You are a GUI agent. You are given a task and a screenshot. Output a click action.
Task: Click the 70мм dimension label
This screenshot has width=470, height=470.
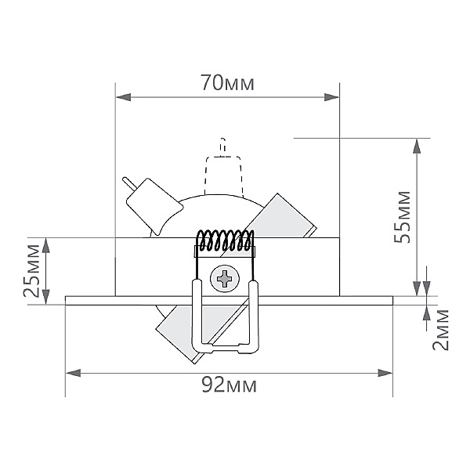[x=227, y=83]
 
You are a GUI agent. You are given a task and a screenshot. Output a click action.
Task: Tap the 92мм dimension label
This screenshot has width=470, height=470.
[x=229, y=385]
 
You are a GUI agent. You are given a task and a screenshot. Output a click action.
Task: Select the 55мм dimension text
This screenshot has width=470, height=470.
[x=402, y=217]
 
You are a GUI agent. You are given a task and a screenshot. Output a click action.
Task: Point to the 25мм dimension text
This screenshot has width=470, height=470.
[x=31, y=271]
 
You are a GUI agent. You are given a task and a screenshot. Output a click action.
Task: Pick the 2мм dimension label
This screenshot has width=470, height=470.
[x=440, y=330]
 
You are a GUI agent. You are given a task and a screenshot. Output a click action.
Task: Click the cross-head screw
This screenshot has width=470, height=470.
[x=225, y=279]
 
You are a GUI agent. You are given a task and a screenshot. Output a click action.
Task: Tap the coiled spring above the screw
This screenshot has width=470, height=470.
[x=225, y=240]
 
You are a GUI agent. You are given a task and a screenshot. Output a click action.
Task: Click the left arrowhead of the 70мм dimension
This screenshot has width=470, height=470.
[x=123, y=97]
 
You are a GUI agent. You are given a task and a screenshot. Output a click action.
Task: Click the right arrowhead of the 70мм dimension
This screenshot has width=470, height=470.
[x=331, y=97]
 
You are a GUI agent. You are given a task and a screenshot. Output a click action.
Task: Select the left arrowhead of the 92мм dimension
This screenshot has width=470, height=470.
[x=73, y=373]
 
